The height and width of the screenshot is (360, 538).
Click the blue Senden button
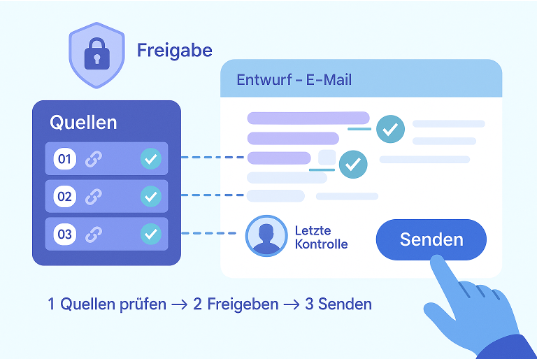click(x=431, y=239)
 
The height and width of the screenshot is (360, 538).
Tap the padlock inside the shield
click(x=97, y=54)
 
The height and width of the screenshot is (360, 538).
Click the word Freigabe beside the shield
click(x=175, y=51)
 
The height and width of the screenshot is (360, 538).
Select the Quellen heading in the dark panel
click(x=83, y=123)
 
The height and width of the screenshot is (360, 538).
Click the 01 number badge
click(x=65, y=159)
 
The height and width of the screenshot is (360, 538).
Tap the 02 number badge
click(x=65, y=196)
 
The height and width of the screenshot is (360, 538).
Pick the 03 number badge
click(x=65, y=234)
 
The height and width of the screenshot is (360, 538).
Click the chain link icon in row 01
click(x=93, y=159)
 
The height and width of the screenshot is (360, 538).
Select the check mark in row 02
click(x=151, y=196)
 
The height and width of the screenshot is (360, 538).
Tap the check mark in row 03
click(x=151, y=234)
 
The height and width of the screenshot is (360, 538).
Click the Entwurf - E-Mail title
click(x=294, y=80)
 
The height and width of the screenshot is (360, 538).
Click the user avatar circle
click(x=266, y=236)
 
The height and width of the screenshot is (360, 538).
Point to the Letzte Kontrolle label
click(x=321, y=237)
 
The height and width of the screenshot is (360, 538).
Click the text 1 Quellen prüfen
click(x=107, y=304)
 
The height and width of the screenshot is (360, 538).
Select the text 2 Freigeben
click(x=236, y=304)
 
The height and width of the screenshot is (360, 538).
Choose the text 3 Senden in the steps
click(x=338, y=304)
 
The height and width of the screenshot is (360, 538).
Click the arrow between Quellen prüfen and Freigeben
click(x=179, y=304)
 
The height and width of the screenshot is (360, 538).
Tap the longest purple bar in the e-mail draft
click(x=308, y=118)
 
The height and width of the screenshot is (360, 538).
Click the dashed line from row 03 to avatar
click(x=209, y=233)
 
